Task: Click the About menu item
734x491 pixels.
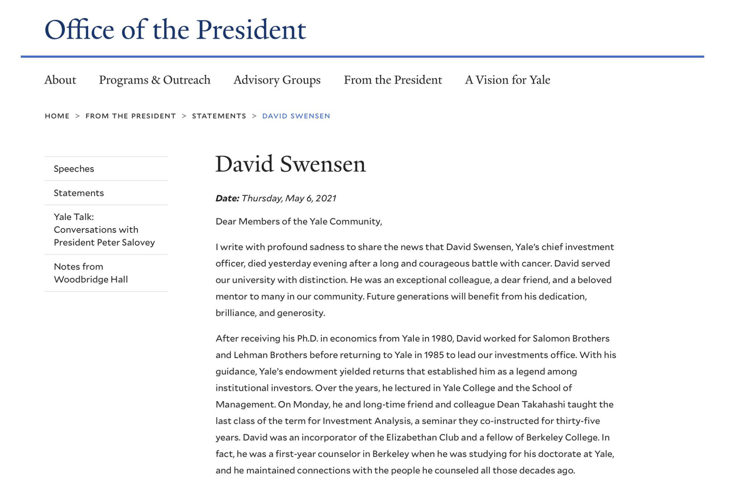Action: coord(60,80)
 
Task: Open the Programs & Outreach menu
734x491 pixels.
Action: coord(155,80)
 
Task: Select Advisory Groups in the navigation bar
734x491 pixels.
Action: coord(277,80)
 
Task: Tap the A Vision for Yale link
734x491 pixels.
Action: coord(507,80)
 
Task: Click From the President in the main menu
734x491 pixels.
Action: coord(393,80)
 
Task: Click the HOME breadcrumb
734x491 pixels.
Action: coord(57,116)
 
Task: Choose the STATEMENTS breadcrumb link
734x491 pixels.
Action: coord(219,116)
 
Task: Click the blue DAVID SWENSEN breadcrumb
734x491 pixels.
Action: coord(296,116)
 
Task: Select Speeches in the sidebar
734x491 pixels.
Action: coord(74,169)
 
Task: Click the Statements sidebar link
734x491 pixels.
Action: coord(79,193)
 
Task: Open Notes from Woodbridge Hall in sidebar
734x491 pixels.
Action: coord(91,273)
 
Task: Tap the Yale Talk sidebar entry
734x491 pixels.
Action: coord(104,230)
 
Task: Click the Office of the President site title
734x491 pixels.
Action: coord(175,30)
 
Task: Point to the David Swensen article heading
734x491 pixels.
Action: coord(290,164)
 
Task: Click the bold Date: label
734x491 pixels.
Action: coord(227,198)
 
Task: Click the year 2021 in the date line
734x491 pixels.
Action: coord(326,198)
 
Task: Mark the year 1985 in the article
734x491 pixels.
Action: coord(434,355)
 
